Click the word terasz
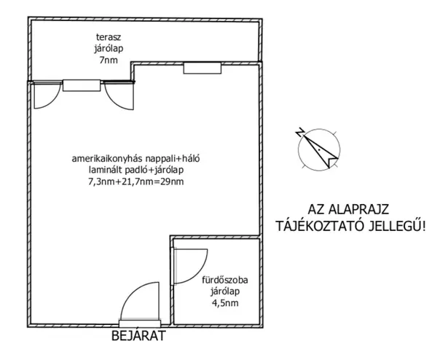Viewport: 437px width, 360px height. (109, 37)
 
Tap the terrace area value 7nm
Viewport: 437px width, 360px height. (109, 60)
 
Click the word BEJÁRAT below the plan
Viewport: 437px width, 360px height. (138, 336)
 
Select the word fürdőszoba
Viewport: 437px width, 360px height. (225, 279)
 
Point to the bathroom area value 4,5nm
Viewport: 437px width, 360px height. (225, 303)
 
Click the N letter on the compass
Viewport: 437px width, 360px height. (300, 132)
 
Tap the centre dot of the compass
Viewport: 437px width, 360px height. (319, 150)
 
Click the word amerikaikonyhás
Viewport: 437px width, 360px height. (107, 158)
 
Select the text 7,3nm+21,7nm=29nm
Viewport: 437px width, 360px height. (136, 181)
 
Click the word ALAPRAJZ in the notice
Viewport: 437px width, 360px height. (359, 209)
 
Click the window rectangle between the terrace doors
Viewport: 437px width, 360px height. (82, 85)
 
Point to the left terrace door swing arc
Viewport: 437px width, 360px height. (53, 101)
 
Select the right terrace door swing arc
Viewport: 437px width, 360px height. (113, 101)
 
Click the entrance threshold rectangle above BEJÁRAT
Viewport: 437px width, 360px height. (140, 324)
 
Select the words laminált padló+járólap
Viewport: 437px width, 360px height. (136, 170)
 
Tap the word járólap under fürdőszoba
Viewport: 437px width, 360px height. (225, 291)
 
